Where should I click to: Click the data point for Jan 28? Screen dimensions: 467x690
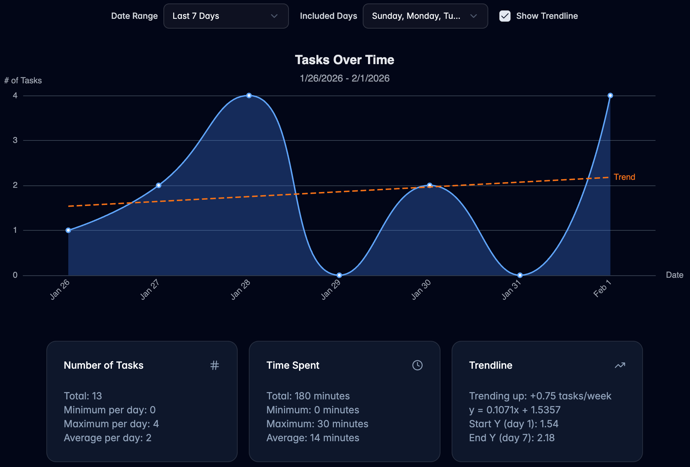click(249, 95)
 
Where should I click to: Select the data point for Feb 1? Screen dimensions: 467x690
click(610, 95)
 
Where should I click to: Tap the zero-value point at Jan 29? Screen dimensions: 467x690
click(339, 275)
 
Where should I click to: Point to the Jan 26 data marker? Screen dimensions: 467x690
click(68, 230)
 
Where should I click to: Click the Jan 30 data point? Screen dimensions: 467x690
click(430, 185)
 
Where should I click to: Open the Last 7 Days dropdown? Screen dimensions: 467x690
click(226, 16)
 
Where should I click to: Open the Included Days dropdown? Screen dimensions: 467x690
click(425, 16)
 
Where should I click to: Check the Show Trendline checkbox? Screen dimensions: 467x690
click(505, 16)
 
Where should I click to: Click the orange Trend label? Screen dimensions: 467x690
click(624, 177)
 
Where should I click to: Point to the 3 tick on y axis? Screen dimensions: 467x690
click(15, 140)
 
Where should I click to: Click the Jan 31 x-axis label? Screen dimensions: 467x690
click(511, 290)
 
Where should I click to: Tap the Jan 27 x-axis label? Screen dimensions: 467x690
click(149, 290)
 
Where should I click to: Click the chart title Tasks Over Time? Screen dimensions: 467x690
click(344, 60)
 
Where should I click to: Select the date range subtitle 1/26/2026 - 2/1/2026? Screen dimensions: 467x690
click(344, 78)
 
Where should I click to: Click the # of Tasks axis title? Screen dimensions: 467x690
click(23, 81)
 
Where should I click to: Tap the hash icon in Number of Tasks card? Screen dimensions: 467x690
click(215, 365)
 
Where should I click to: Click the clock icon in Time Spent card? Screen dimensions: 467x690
click(417, 365)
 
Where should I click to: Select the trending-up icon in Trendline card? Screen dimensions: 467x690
click(620, 365)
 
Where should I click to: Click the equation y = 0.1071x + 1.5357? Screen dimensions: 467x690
click(514, 410)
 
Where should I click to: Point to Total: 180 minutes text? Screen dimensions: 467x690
click(308, 396)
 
